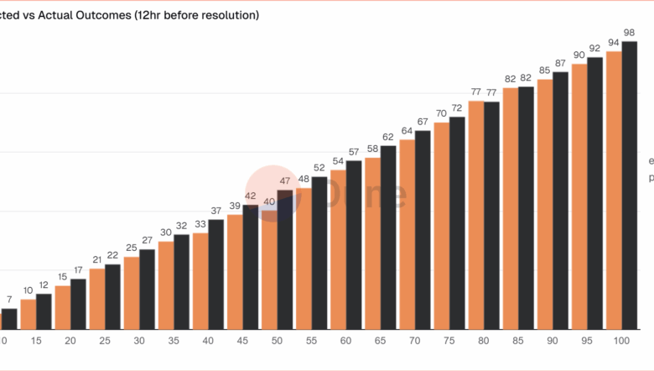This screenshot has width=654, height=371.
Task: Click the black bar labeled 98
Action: tap(629, 185)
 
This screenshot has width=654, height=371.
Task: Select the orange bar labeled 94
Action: tap(613, 190)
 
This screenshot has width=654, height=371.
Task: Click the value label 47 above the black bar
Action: tap(285, 181)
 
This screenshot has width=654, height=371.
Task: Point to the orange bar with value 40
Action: tap(269, 268)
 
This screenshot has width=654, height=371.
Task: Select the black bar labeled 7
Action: tap(9, 318)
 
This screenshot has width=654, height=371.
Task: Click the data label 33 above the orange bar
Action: tap(200, 224)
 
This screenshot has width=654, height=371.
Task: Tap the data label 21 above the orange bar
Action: tap(96, 259)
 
